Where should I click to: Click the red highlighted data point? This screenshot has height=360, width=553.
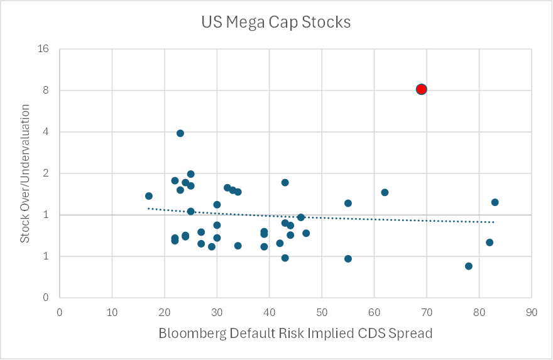pyautogui.click(x=421, y=89)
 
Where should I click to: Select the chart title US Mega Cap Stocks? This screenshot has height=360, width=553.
pyautogui.click(x=276, y=23)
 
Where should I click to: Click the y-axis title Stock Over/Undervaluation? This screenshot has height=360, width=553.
pyautogui.click(x=25, y=173)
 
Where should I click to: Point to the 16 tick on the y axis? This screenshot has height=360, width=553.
pyautogui.click(x=44, y=49)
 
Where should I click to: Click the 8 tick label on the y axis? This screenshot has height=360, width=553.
pyautogui.click(x=47, y=90)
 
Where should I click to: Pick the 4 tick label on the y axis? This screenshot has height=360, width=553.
pyautogui.click(x=47, y=132)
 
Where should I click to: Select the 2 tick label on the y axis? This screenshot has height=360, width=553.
pyautogui.click(x=47, y=173)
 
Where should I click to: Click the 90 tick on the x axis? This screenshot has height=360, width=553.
pyautogui.click(x=532, y=311)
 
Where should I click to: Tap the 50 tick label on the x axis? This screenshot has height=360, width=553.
pyautogui.click(x=322, y=311)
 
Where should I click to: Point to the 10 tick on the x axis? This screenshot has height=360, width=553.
pyautogui.click(x=112, y=311)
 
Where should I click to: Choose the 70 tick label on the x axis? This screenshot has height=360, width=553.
pyautogui.click(x=427, y=311)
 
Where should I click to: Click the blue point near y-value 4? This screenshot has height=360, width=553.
pyautogui.click(x=180, y=133)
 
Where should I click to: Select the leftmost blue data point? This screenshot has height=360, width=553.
pyautogui.click(x=149, y=196)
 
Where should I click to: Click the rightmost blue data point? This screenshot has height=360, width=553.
pyautogui.click(x=495, y=202)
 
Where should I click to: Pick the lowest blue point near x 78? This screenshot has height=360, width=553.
pyautogui.click(x=469, y=266)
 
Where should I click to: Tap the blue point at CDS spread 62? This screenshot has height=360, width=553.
pyautogui.click(x=385, y=192)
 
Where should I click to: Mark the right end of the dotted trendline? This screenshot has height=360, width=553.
pyautogui.click(x=494, y=222)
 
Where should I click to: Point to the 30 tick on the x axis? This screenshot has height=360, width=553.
pyautogui.click(x=217, y=311)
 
